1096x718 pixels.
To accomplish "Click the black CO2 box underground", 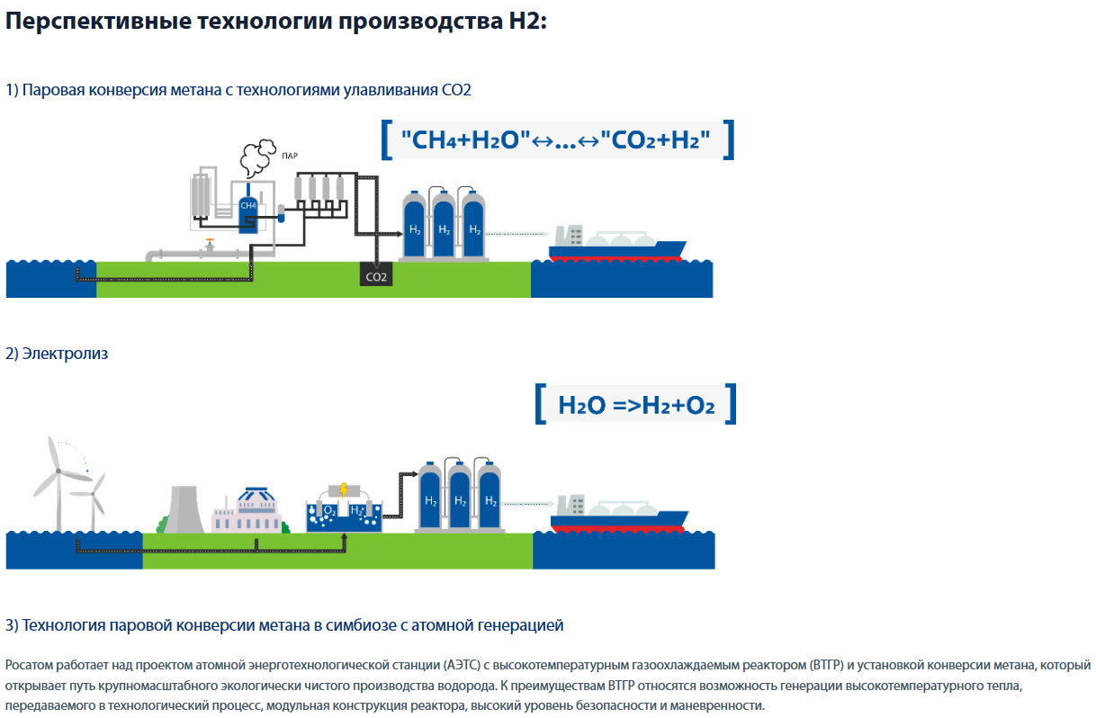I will pyautogui.click(x=376, y=275).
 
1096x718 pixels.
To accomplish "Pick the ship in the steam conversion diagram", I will pyautogui.click(x=617, y=243).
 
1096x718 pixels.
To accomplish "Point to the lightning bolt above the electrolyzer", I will pyautogui.click(x=343, y=491).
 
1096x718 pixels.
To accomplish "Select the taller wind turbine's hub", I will pyautogui.click(x=57, y=471).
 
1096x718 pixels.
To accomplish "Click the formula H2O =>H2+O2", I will pyautogui.click(x=636, y=405).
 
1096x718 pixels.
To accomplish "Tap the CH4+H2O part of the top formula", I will pyautogui.click(x=461, y=139).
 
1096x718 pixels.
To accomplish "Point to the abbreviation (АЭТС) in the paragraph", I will pyautogui.click(x=463, y=665).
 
